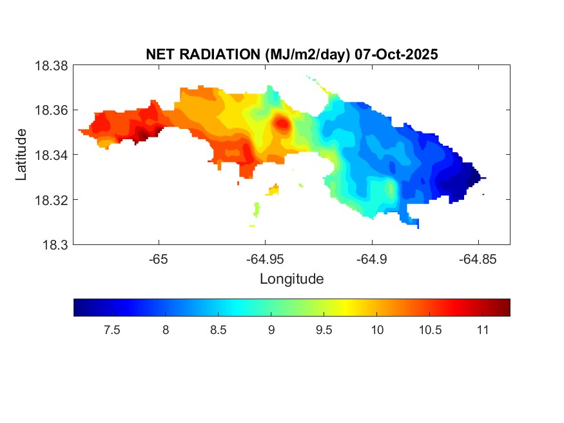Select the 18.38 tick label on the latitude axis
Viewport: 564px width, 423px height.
pos(51,66)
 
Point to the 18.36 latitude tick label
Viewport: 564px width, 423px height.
pos(51,110)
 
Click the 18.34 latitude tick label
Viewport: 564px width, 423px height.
pos(51,155)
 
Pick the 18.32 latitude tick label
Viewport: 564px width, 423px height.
pos(51,200)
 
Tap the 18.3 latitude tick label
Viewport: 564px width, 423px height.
pos(55,244)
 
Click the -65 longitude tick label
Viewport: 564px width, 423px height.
pos(159,259)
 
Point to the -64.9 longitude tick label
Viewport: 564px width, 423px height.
pos(371,259)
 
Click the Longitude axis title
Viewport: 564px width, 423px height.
pos(291,279)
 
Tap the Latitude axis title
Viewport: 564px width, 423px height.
pos(21,155)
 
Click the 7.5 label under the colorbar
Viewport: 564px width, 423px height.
pos(112,330)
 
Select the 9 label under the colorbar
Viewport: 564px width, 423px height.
pos(271,330)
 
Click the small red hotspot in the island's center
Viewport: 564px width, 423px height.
pos(282,123)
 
